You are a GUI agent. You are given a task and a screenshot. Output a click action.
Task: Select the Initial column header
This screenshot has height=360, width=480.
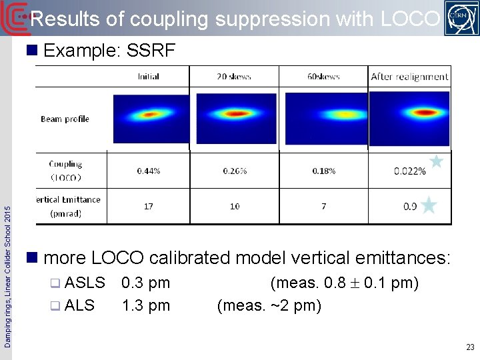tap(148, 77)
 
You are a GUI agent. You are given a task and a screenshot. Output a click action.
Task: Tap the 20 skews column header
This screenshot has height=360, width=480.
tap(234, 77)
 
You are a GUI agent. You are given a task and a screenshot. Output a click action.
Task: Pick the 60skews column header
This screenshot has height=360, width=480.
tap(323, 77)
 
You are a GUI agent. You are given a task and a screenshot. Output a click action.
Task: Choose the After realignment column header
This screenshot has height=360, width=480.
tap(409, 77)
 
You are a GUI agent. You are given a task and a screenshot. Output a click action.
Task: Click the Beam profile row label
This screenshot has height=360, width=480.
tap(65, 119)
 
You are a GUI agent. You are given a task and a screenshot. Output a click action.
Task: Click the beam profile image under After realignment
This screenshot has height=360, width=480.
tap(409, 118)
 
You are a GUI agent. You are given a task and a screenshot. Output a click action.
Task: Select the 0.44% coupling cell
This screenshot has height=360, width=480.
tap(149, 171)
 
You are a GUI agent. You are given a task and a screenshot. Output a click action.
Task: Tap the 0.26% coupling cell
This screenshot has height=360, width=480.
tap(235, 171)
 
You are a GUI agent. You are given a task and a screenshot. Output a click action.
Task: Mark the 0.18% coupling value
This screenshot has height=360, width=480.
tap(324, 171)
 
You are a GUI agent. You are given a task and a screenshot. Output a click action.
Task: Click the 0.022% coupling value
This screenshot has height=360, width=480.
tap(409, 171)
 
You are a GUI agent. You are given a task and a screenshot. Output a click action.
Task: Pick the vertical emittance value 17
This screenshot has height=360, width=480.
tap(148, 207)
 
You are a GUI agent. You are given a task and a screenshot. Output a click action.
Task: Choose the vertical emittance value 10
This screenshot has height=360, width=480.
tap(235, 207)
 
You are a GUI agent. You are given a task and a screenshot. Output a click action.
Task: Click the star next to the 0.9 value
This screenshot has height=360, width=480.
tap(429, 205)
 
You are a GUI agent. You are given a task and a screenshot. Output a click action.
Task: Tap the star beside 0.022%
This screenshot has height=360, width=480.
tap(436, 161)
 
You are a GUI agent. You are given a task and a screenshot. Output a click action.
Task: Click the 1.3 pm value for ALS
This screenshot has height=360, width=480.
tap(145, 305)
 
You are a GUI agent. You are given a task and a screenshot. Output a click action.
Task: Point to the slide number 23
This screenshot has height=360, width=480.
tap(470, 347)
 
